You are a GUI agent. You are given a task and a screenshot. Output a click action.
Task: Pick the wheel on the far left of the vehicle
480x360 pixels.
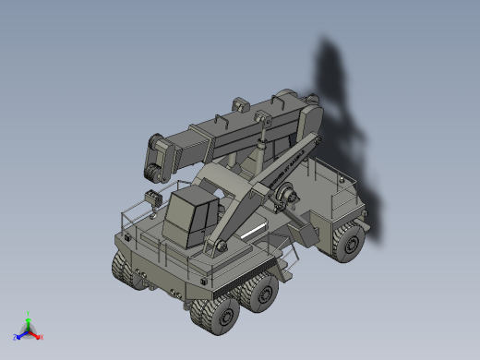pos(124,270)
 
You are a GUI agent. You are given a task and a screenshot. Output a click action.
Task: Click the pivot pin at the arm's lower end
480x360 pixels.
pos(219,245)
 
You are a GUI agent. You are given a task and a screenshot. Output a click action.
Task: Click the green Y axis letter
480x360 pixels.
pos(30,313)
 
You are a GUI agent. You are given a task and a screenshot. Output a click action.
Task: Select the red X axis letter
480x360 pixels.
pos(41,337)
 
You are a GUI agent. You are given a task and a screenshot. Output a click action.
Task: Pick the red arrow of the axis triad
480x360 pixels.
pos(35,333)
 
